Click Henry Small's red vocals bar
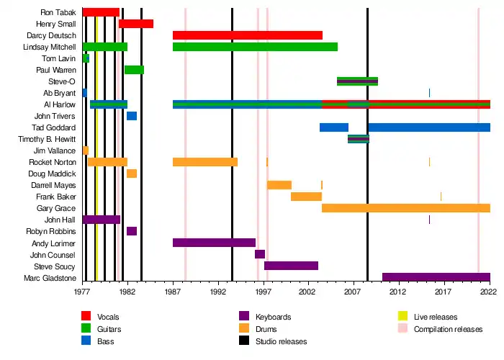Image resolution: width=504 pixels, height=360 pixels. (x=136, y=24)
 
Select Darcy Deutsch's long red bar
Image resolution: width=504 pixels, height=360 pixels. (x=248, y=35)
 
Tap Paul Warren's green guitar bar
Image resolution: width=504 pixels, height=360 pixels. (x=135, y=70)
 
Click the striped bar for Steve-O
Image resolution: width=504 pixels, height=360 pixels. (x=357, y=81)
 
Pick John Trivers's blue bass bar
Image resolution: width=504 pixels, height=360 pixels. (x=132, y=116)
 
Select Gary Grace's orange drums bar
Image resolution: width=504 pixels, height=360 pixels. (x=406, y=208)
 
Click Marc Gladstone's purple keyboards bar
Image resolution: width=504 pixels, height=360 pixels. (x=436, y=277)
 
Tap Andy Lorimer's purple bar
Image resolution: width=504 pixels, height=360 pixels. (x=214, y=243)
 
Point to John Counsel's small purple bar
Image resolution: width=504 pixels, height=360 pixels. (x=260, y=254)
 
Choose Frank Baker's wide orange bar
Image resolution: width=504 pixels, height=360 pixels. (x=306, y=197)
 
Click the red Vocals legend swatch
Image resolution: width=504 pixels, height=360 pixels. (x=86, y=316)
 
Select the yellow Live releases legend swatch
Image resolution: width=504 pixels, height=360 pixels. (x=402, y=316)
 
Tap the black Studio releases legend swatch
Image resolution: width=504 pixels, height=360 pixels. (x=244, y=341)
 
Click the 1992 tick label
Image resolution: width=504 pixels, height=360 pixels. (x=219, y=292)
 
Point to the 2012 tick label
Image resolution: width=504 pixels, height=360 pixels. (x=398, y=292)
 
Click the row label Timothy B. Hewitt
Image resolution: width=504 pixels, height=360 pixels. (x=47, y=139)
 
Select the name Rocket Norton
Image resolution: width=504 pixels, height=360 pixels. (x=53, y=162)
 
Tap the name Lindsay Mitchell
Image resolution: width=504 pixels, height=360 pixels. (x=50, y=47)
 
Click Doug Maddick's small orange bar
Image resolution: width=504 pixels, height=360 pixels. (x=132, y=174)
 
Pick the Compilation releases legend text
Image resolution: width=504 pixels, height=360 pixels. (x=448, y=329)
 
